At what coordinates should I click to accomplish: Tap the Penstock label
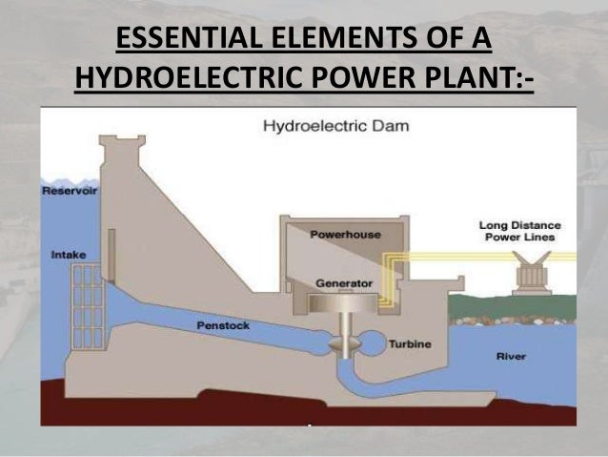222,326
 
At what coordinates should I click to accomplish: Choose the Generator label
343,283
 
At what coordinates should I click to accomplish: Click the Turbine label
411,346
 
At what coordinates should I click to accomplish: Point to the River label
511,357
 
